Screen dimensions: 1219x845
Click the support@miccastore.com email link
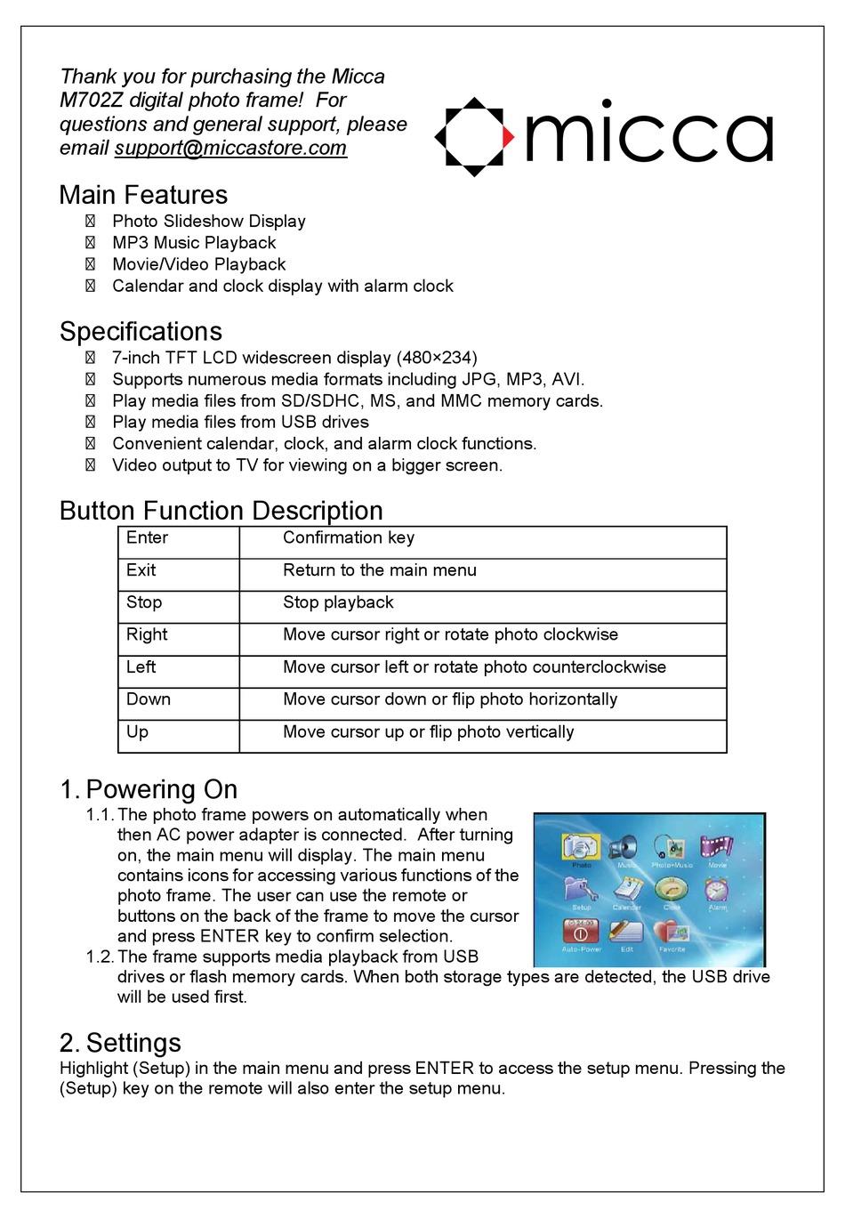click(230, 149)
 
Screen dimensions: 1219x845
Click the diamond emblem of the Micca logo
click(474, 137)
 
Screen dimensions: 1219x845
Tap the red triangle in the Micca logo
click(508, 137)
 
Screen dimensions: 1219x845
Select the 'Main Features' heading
click(143, 195)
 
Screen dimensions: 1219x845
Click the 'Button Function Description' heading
click(221, 511)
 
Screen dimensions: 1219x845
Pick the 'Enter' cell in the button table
click(147, 538)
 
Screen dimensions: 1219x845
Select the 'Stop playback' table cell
click(338, 602)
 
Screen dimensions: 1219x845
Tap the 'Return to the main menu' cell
click(380, 570)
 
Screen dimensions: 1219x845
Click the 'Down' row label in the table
click(149, 699)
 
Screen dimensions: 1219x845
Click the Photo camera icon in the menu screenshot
click(581, 846)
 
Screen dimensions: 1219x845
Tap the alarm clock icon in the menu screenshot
click(717, 889)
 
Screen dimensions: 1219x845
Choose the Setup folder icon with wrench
click(581, 889)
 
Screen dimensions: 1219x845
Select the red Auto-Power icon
click(581, 932)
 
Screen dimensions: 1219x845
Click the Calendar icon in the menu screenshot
click(627, 889)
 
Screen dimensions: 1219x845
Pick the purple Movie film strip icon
click(717, 846)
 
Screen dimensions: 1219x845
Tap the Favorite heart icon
click(672, 932)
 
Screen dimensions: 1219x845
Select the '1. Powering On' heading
click(149, 789)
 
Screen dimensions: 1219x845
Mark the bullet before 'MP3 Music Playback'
click(90, 243)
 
